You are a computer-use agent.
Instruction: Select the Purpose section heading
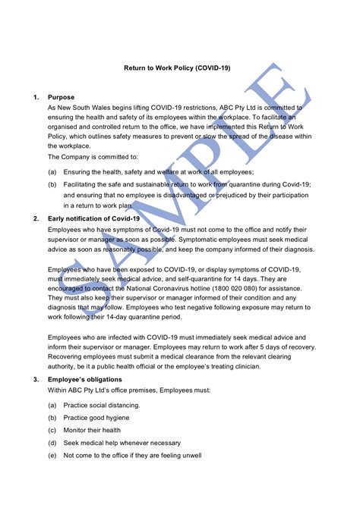coord(61,98)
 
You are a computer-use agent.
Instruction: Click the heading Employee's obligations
coord(90,379)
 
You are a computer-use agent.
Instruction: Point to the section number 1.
coord(36,98)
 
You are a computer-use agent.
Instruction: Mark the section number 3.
coord(36,379)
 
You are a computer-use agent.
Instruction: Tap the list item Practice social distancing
coord(102,406)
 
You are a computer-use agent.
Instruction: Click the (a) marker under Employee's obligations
coord(52,406)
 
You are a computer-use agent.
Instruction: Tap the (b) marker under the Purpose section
coord(52,183)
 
